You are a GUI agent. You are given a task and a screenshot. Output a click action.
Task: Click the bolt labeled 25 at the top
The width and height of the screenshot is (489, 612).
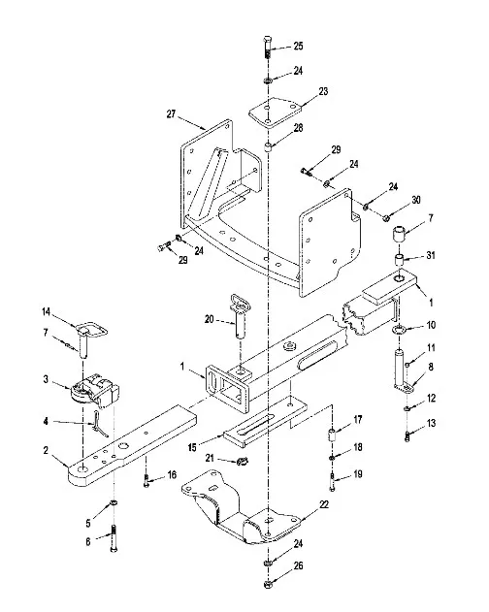[268, 47]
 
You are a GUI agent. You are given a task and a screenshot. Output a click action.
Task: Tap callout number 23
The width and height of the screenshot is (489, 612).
[323, 91]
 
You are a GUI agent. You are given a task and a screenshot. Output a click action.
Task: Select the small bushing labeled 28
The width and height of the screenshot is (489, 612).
[268, 148]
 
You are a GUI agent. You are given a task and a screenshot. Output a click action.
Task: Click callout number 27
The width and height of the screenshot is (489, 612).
[171, 114]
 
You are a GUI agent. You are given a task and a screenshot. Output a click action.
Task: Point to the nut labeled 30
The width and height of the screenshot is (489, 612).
[384, 217]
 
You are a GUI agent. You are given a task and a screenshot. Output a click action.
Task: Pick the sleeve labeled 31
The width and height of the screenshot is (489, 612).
[399, 261]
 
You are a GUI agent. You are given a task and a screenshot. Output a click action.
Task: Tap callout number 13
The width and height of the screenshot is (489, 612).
[431, 423]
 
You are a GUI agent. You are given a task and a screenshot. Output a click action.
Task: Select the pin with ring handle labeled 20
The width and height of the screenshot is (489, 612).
[239, 316]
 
